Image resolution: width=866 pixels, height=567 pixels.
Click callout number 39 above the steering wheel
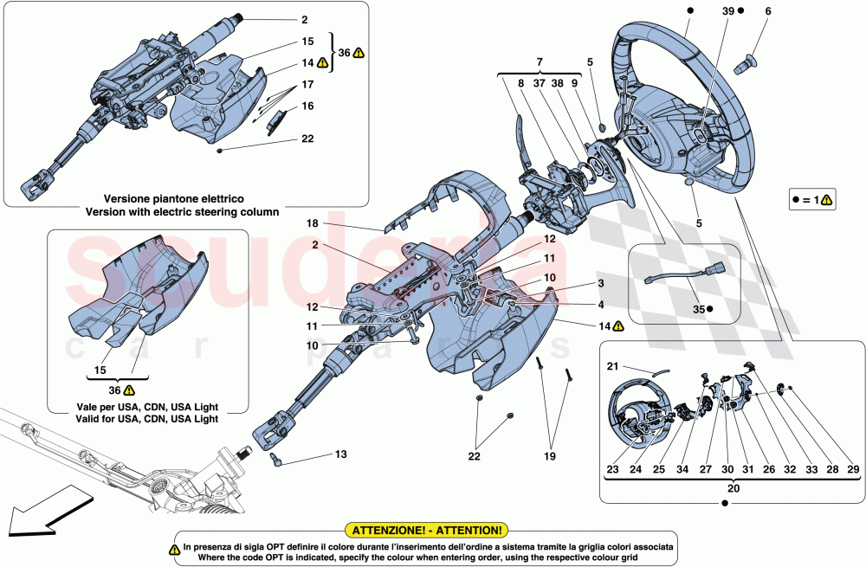(x=728, y=11)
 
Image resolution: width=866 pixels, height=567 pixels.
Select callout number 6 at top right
(x=767, y=11)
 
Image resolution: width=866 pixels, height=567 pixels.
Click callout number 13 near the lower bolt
(x=339, y=453)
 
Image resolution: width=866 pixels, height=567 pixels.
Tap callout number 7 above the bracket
(x=539, y=62)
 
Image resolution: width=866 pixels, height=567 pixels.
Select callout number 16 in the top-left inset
(x=307, y=106)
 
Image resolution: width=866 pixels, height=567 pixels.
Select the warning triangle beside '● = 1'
(x=827, y=200)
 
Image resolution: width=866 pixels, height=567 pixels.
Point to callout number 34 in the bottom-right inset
(x=682, y=470)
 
